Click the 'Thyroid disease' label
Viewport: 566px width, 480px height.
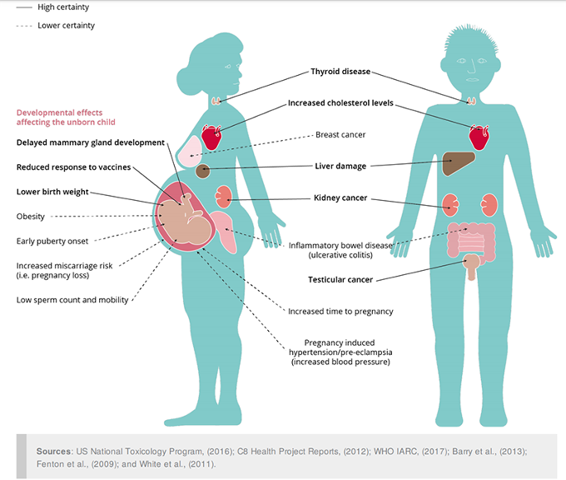coord(340,72)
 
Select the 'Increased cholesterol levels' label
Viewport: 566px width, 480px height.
coord(340,103)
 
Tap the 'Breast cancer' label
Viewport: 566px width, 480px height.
coord(340,134)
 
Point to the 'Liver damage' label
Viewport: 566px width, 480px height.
coord(340,166)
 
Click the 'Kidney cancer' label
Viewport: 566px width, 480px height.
coord(340,198)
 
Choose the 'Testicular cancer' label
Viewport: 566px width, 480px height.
coord(340,279)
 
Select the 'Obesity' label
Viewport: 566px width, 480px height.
coord(31,217)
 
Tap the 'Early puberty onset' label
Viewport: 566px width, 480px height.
coord(52,242)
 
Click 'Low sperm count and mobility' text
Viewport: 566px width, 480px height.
coord(72,300)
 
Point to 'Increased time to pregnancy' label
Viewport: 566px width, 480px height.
coord(340,312)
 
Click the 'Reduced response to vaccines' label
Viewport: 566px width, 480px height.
coord(73,167)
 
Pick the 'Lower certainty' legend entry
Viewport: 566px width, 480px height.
coord(66,26)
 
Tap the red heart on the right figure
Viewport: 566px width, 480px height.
coord(479,137)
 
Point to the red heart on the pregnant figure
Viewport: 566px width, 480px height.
coord(211,137)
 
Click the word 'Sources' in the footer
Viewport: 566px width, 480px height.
coord(53,451)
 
